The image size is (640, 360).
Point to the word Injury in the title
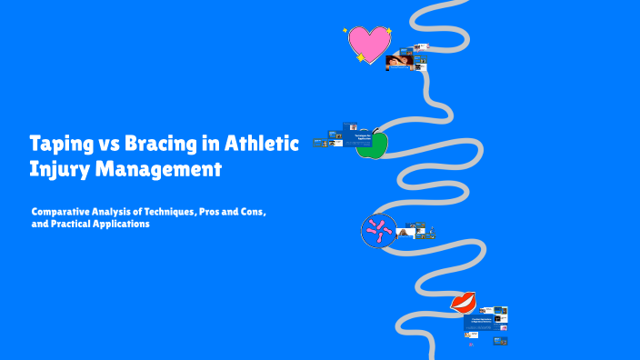click(56, 168)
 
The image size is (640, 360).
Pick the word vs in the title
click(107, 144)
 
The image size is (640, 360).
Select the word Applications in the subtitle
click(123, 224)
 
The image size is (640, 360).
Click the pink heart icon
click(369, 43)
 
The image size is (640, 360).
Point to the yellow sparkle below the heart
click(361, 58)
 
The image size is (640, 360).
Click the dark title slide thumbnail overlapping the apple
click(360, 137)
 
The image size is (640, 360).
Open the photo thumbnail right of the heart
click(400, 62)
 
